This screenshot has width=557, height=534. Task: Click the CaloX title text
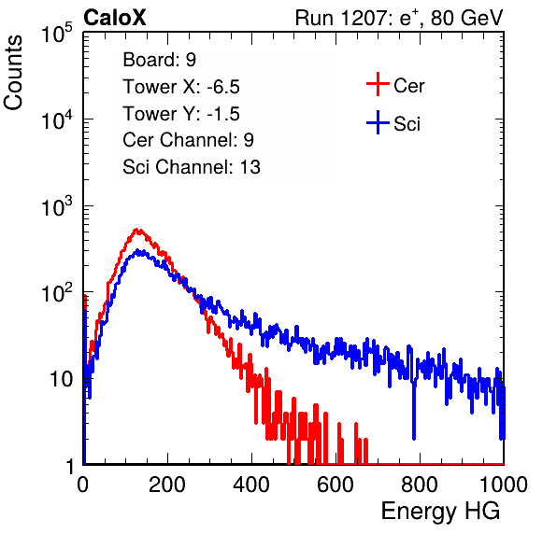[x=114, y=18]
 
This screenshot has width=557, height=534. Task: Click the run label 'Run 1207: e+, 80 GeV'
[x=398, y=18]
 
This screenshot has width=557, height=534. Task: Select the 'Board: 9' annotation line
[x=159, y=60]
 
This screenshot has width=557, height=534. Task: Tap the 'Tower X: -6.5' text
[x=181, y=87]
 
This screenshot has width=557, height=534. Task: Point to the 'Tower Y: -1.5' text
[x=181, y=114]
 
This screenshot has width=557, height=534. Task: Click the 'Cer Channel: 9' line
[x=188, y=140]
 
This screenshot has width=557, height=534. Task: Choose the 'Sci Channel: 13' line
[x=192, y=167]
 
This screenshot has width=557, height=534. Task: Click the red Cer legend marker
[x=378, y=84]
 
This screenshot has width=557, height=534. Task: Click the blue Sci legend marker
[x=378, y=122]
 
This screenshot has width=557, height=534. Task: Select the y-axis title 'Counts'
[x=13, y=73]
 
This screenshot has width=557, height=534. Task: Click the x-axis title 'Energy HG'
[x=440, y=512]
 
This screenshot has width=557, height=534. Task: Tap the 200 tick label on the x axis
[x=167, y=484]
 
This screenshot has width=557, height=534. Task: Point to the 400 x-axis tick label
[x=251, y=484]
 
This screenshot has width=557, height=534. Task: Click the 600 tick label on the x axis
[x=336, y=484]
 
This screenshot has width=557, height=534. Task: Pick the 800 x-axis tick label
[x=420, y=484]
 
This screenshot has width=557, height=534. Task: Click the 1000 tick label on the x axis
[x=504, y=484]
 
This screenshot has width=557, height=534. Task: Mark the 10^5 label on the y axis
[x=57, y=34]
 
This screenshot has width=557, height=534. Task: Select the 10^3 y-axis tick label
[x=57, y=206]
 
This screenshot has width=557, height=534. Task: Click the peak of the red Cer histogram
[x=137, y=230]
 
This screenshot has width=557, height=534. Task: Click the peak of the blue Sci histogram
[x=140, y=251]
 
